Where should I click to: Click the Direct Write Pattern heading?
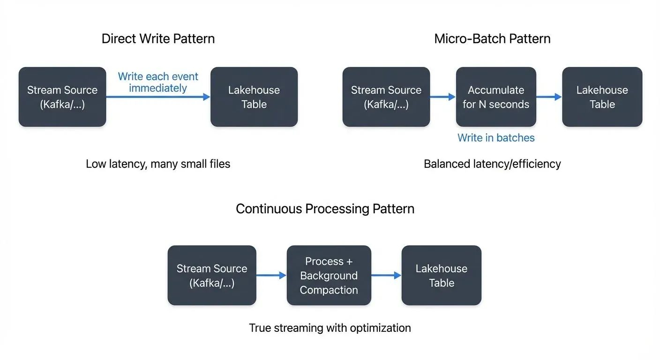158,38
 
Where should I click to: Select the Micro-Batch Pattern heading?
492,38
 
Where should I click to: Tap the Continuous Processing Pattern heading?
325,209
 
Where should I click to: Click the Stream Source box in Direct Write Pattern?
62,97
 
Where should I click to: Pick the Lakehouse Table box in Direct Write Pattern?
254,97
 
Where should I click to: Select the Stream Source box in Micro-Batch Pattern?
386,97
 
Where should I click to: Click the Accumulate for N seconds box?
496,97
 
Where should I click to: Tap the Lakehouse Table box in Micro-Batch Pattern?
602,97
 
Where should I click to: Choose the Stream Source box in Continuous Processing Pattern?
212,276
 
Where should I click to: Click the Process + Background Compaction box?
329,276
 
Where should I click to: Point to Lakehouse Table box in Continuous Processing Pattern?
441,276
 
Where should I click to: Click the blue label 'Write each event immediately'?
158,82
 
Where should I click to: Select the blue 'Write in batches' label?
496,138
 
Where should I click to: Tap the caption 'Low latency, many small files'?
158,164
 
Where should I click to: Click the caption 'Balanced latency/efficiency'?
492,164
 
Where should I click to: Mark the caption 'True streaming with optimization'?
330,328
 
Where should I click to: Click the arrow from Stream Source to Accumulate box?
443,97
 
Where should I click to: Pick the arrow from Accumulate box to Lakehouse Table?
549,97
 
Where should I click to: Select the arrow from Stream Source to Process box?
271,276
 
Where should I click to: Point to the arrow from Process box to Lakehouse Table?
386,276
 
